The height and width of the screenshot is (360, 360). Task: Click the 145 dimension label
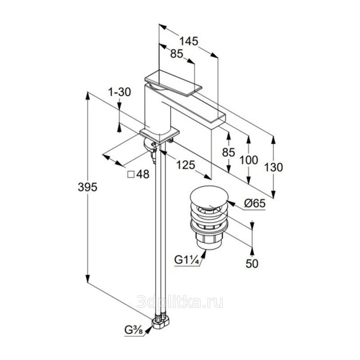pos(189,41)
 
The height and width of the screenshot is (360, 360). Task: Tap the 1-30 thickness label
pos(119,92)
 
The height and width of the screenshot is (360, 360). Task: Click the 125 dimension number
pos(185,165)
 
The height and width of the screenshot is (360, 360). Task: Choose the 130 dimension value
pos(274,167)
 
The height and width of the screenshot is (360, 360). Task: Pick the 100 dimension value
pos(249,160)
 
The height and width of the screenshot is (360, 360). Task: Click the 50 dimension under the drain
pos(252,264)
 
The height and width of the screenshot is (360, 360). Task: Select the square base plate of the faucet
pos(160,134)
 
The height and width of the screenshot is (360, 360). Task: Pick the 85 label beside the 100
pos(229,153)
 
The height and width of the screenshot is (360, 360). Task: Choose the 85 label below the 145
pos(176,54)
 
